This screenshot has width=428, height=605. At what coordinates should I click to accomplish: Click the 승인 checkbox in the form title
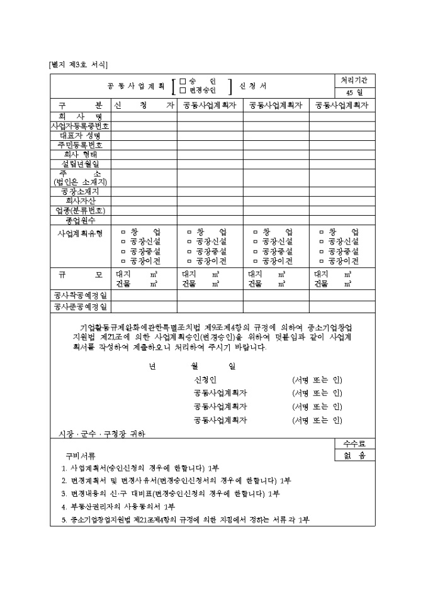(x=183, y=81)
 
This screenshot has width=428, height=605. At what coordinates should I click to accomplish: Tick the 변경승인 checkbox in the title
(x=183, y=91)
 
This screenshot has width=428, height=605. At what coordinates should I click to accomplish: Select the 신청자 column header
(x=144, y=105)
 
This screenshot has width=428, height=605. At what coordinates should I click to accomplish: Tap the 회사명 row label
(x=80, y=116)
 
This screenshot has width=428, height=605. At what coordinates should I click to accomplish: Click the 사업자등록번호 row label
(x=81, y=126)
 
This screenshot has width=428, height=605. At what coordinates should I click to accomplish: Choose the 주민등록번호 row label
(x=80, y=145)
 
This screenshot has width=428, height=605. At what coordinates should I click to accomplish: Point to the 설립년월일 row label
(x=80, y=164)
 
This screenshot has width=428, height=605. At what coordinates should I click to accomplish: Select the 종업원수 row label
(x=80, y=220)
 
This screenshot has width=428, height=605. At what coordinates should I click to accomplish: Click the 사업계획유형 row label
(x=80, y=232)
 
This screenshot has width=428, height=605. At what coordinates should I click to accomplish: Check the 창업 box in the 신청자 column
(x=123, y=232)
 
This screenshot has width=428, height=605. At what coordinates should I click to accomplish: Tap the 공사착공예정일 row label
(x=80, y=295)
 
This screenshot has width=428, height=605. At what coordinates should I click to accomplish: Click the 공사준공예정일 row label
(x=80, y=307)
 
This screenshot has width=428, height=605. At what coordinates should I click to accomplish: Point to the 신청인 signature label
(x=205, y=380)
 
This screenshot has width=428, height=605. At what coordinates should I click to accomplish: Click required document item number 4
(x=118, y=506)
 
